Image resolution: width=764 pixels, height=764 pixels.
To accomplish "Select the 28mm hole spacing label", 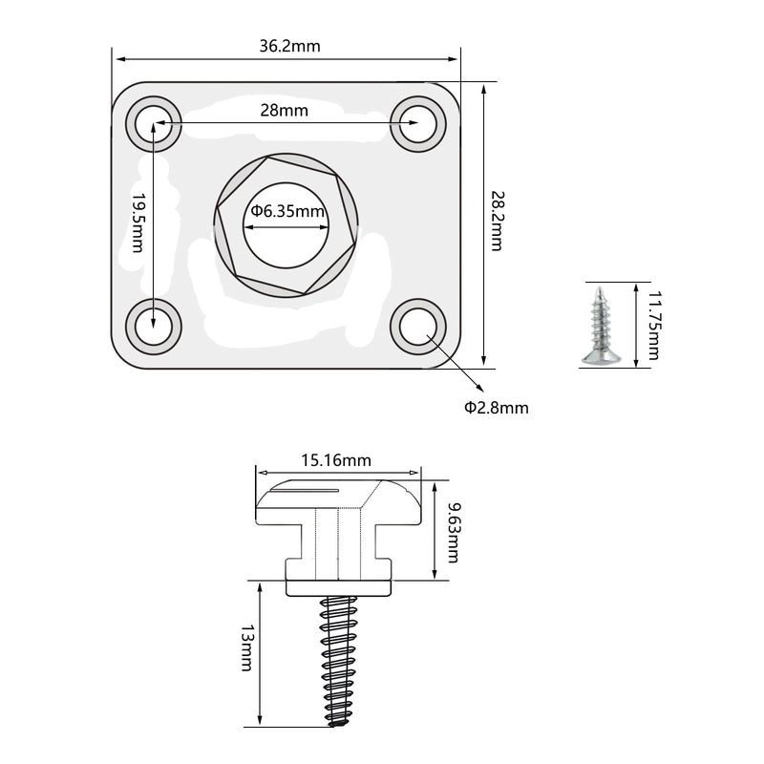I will point(284,110).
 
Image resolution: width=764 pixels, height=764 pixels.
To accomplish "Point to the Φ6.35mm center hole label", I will point(286,211).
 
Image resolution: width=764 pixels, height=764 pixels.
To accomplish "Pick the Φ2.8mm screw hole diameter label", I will point(496,408).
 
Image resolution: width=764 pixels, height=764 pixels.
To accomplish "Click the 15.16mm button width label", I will point(336,460).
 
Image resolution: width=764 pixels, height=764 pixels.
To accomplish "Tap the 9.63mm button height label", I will point(454,532).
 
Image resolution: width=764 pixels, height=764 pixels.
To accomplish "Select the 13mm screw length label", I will point(247,647).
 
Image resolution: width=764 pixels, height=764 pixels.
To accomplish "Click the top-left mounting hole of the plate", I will point(154,123).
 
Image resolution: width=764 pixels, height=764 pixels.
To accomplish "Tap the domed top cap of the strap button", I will point(338,501).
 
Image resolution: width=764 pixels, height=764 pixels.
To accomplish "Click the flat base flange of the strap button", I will point(338,586).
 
